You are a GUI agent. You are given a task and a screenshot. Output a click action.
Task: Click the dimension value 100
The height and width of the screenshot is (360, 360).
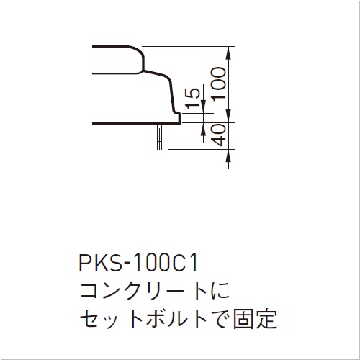[x=218, y=84]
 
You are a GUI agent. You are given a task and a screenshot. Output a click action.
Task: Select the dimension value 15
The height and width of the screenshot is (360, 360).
[x=193, y=99]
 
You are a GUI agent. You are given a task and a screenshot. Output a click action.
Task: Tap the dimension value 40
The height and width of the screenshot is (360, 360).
[x=220, y=135]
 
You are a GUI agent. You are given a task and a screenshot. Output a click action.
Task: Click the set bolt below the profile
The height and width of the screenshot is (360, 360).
[x=159, y=137]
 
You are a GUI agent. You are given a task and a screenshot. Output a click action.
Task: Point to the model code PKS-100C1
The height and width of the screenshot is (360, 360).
[x=138, y=263]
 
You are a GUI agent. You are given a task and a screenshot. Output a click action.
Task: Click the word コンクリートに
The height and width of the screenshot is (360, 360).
[x=155, y=291]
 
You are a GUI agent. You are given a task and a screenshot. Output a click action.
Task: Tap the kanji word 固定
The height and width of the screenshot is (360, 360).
[x=255, y=320]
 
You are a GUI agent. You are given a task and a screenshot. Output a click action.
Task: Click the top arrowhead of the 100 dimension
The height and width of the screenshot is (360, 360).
[x=228, y=52]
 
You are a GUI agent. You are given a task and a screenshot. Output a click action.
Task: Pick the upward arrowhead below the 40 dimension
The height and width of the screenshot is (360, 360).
[x=228, y=156]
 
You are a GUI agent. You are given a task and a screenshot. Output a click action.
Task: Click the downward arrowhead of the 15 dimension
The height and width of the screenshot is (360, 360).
[x=203, y=107]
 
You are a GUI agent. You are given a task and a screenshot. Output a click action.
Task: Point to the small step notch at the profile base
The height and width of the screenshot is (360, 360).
[x=177, y=117]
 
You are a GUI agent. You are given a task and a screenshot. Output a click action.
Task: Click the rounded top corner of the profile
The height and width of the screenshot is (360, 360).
[x=138, y=50]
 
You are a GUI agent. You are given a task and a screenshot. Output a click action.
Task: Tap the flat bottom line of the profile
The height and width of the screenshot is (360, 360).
[x=136, y=123]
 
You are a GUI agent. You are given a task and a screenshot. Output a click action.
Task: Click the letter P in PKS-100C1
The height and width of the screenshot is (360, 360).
[x=85, y=263]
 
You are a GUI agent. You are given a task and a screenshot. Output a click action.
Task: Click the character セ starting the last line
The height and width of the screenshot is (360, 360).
[x=89, y=320]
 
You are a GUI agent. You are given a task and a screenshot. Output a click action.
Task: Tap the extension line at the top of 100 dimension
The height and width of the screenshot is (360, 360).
[x=189, y=46]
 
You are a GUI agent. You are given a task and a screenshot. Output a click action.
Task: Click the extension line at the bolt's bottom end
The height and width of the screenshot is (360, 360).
[x=202, y=149]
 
